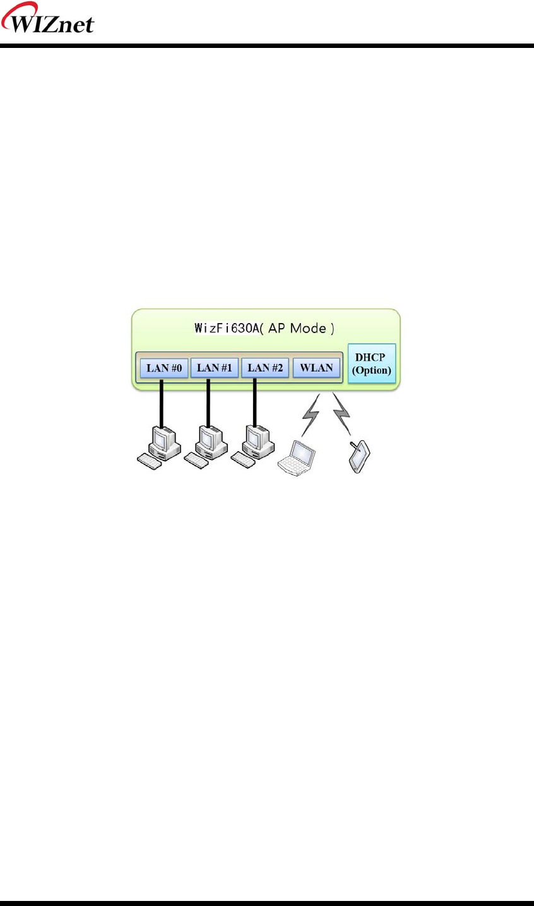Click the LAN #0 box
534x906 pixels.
(x=164, y=368)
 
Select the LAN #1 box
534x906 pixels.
(x=215, y=367)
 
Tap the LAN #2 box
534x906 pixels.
(x=265, y=367)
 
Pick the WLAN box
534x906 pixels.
(x=316, y=367)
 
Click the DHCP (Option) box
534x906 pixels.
(x=372, y=364)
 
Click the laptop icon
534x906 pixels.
(x=297, y=457)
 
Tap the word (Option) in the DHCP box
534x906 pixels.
(x=372, y=370)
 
